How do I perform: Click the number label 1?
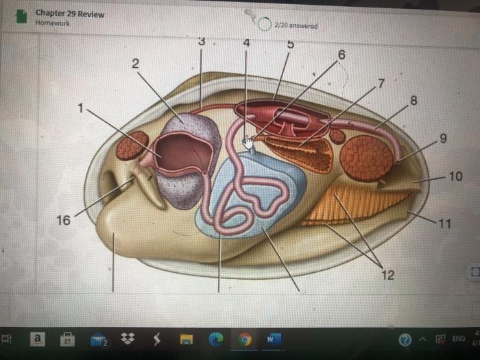[x=83, y=108]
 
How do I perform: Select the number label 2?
[x=135, y=63]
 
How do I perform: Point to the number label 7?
[x=382, y=83]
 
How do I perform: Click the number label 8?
[x=413, y=101]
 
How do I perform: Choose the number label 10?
[x=456, y=177]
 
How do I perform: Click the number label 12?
[x=388, y=275]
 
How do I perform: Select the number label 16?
[x=63, y=220]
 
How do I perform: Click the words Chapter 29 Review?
[x=70, y=14]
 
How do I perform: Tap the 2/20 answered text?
[x=295, y=25]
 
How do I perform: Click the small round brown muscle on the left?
[x=132, y=145]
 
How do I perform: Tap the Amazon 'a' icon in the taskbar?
[x=38, y=339]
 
